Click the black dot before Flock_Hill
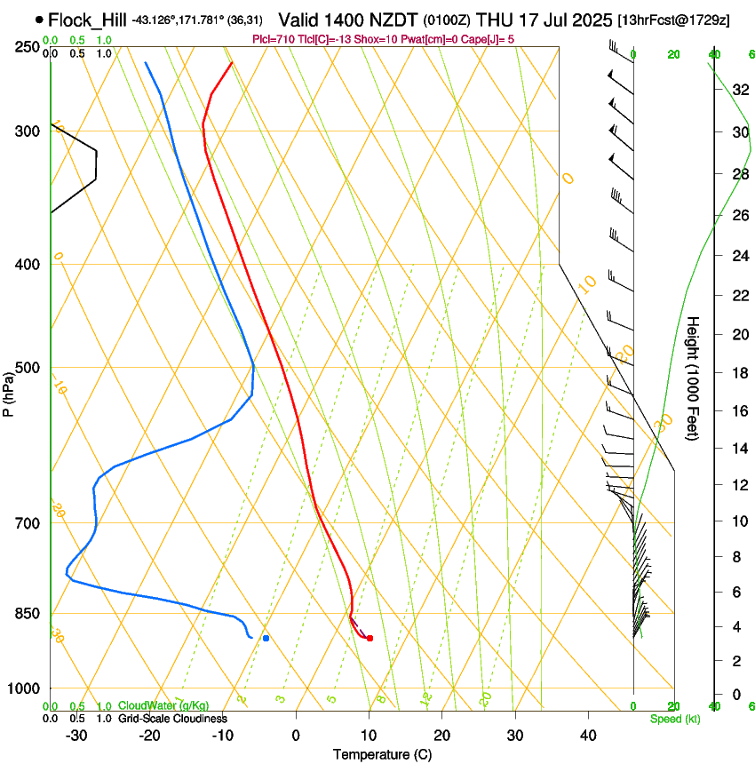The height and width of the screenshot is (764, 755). [x=39, y=20]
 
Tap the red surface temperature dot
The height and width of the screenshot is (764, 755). [x=370, y=638]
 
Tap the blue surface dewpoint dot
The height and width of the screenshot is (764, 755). [x=266, y=638]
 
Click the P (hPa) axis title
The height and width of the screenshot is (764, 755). [x=8, y=392]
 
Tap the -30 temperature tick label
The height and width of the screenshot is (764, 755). [x=76, y=736]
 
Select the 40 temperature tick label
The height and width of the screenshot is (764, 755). [x=588, y=736]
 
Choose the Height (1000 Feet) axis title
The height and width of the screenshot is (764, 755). [x=694, y=378]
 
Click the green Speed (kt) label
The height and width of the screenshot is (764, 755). [x=674, y=719]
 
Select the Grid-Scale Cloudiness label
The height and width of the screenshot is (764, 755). [x=172, y=719]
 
